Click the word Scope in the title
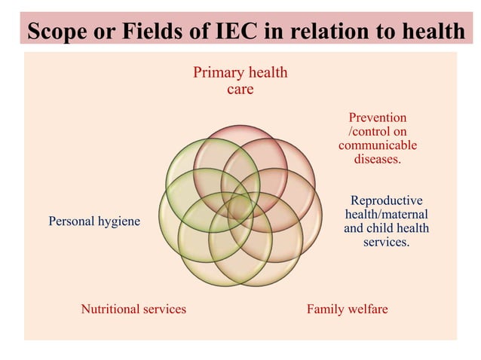click(x=57, y=32)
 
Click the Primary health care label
click(x=240, y=81)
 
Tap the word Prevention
click(x=378, y=117)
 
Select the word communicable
click(x=378, y=145)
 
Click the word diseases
click(x=378, y=159)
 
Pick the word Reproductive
click(x=387, y=200)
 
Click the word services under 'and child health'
click(x=387, y=242)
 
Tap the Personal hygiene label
click(x=94, y=221)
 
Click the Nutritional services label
click(x=133, y=309)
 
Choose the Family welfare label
click(x=348, y=309)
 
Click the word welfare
click(x=368, y=309)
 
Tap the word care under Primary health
click(x=240, y=90)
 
